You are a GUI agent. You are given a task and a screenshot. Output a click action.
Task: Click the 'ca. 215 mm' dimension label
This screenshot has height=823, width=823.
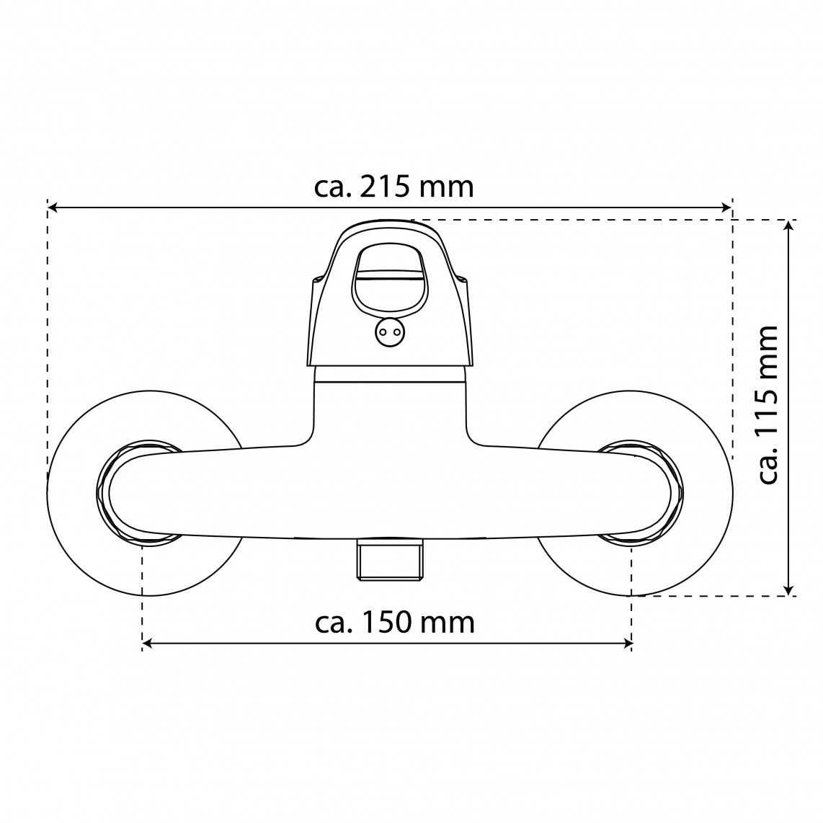click(x=393, y=187)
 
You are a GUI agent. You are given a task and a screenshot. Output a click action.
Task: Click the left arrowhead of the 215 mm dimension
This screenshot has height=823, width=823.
click(x=52, y=208)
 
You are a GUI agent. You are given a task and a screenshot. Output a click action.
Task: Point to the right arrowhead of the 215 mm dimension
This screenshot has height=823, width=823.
click(x=727, y=208)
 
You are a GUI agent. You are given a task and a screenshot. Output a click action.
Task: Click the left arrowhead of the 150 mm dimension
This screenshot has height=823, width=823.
click(x=147, y=644)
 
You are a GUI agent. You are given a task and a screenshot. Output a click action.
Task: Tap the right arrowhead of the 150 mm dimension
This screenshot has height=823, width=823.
click(x=627, y=644)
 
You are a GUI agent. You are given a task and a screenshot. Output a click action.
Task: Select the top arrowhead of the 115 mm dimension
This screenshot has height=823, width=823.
click(x=788, y=225)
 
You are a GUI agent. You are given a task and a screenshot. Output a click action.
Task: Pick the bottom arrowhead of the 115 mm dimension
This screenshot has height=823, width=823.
click(x=788, y=591)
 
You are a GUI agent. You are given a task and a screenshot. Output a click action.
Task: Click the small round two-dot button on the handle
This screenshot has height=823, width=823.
click(x=389, y=332)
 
